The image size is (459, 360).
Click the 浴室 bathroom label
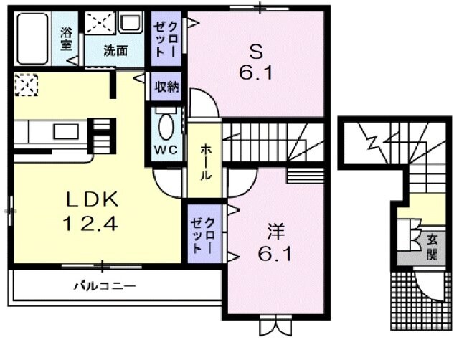[x=67, y=38]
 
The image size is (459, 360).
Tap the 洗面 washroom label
[x=115, y=50]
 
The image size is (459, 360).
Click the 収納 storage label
[x=166, y=87]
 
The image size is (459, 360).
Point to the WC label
[x=165, y=151]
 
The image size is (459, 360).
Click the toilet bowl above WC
[x=166, y=126]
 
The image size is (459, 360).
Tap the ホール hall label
[x=204, y=160]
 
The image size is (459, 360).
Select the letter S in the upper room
[x=255, y=51]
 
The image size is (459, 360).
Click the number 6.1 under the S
[x=256, y=72]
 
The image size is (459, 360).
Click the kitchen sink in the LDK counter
[x=65, y=131]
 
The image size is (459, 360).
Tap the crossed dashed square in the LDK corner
[x=26, y=85]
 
